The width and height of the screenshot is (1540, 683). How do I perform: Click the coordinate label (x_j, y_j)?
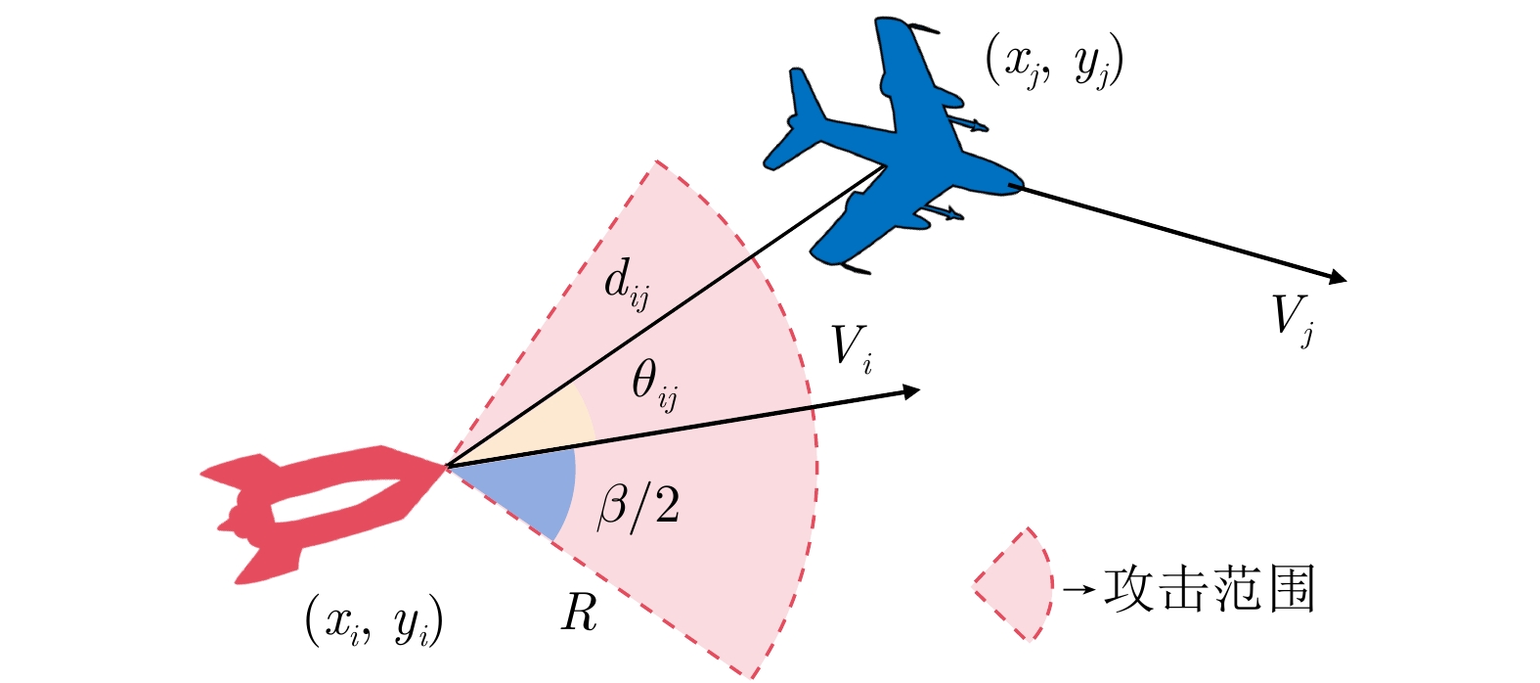(1054, 65)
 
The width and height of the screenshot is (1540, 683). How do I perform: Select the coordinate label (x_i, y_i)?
(374, 621)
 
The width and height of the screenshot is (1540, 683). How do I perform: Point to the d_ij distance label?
(626, 285)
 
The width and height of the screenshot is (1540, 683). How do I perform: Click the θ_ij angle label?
(653, 384)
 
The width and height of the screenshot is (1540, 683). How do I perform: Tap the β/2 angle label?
(638, 508)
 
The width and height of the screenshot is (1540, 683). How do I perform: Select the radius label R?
(579, 615)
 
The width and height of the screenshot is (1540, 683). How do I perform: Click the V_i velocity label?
(850, 348)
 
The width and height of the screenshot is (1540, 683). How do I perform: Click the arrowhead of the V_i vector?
(911, 391)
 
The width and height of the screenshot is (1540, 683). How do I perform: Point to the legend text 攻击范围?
(1209, 589)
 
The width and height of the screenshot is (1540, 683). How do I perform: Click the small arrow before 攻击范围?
(1078, 590)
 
